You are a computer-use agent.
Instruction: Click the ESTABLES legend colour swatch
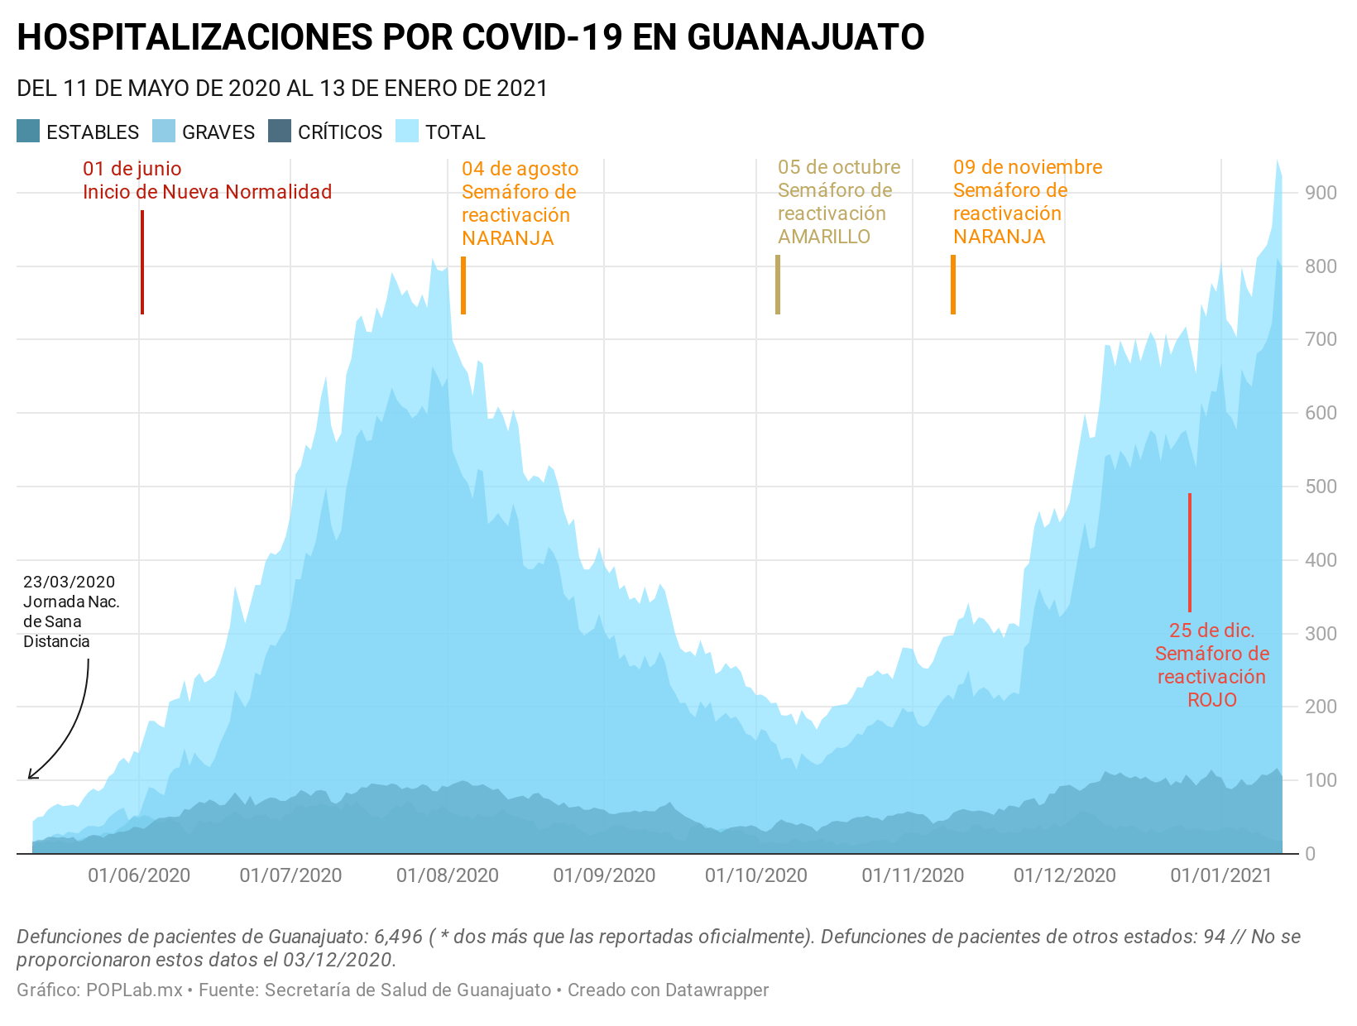tap(28, 132)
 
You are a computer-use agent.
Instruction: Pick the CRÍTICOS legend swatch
tap(281, 132)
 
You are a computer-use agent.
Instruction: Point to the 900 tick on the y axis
tap(1321, 193)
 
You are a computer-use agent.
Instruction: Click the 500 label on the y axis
tap(1321, 487)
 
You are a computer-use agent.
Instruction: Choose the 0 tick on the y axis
tap(1310, 854)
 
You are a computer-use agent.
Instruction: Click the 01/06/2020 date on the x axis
tap(139, 875)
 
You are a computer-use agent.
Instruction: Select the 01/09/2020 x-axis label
tap(604, 875)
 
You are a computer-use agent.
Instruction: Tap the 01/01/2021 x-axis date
tap(1221, 875)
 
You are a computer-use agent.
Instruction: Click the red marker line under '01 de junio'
tap(142, 262)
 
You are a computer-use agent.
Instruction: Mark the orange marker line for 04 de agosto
tap(463, 285)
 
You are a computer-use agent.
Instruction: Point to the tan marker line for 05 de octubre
tap(778, 285)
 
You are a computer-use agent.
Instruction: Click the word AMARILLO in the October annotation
tap(824, 237)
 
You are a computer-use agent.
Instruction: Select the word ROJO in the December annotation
tap(1212, 700)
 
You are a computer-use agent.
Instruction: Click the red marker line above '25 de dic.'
tap(1190, 552)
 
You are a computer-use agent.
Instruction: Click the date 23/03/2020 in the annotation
tap(70, 582)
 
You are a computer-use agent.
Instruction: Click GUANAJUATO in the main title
tap(805, 37)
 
